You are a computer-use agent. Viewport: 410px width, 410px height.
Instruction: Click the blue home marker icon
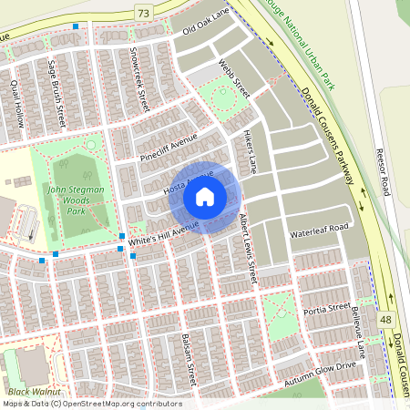205,196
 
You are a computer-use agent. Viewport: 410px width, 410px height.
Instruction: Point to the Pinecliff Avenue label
168,149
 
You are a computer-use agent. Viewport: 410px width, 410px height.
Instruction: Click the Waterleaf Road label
320,229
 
